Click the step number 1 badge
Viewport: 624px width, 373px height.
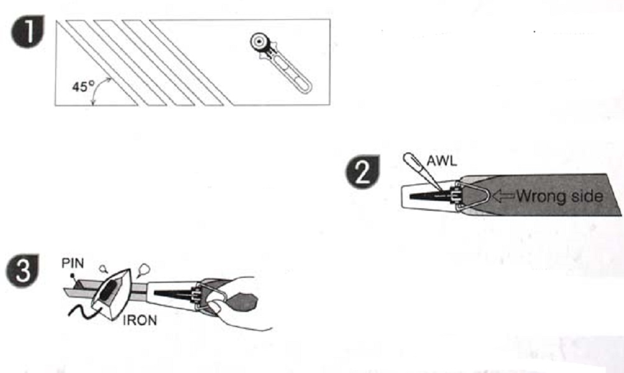click(x=27, y=32)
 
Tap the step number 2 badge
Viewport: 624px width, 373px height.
click(x=362, y=172)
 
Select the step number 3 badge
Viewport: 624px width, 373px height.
click(x=22, y=270)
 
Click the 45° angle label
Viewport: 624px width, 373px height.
click(x=83, y=86)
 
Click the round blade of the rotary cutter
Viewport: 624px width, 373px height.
click(x=259, y=42)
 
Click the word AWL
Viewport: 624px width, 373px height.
click(x=442, y=161)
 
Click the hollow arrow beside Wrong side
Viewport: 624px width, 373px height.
click(x=503, y=195)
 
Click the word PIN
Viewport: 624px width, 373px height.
click(x=73, y=263)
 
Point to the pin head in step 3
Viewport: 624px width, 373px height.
click(x=72, y=275)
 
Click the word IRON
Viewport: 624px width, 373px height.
click(x=140, y=320)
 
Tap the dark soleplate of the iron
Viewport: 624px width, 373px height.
click(x=109, y=291)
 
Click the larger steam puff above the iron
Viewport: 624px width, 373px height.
click(x=144, y=270)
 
